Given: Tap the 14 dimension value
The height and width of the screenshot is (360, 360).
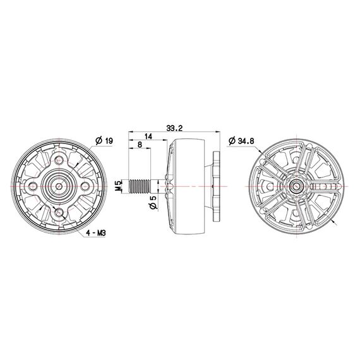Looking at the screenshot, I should (x=147, y=136).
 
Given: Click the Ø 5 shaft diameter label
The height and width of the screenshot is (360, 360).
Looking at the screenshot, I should (x=152, y=203).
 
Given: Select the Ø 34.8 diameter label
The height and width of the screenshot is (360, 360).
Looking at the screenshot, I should (x=243, y=140).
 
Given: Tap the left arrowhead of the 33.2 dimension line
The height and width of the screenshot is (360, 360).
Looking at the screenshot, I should (x=130, y=132).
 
